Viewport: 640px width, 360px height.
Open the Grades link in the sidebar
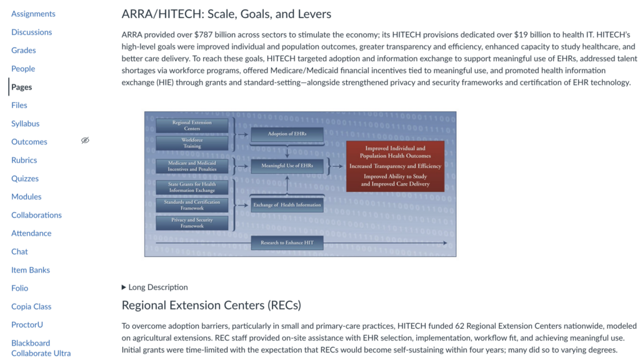tap(24, 51)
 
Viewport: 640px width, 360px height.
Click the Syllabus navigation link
tap(25, 124)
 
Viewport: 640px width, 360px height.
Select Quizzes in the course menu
tap(25, 179)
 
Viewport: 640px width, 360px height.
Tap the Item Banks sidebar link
tap(31, 270)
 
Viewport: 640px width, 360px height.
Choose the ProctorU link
tap(27, 325)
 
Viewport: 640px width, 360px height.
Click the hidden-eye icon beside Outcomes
tap(86, 141)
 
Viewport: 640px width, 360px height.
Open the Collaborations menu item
tap(36, 215)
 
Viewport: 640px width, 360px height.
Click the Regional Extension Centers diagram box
tap(192, 126)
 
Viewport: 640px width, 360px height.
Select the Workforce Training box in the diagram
tap(192, 143)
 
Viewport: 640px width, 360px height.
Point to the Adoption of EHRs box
tap(287, 134)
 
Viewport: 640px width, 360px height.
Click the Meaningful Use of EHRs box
tap(287, 166)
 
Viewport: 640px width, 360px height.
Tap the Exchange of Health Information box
tap(287, 205)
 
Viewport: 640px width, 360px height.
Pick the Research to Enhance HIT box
tap(287, 242)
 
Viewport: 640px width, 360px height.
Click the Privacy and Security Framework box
tap(192, 223)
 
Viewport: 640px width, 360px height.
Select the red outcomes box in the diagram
tap(395, 166)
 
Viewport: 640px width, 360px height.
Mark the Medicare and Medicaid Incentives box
tap(192, 166)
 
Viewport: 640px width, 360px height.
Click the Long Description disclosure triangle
tap(124, 287)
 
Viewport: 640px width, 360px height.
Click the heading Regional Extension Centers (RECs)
tap(211, 306)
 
